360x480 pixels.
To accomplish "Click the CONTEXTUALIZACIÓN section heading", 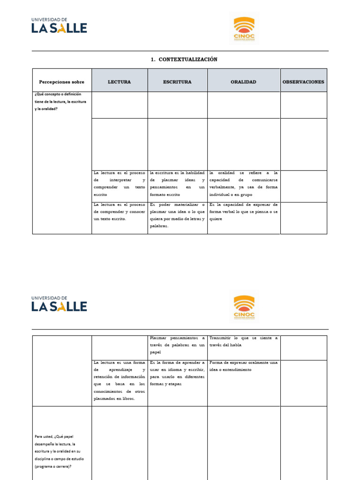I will click(184, 60).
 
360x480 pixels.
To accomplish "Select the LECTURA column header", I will click(120, 82).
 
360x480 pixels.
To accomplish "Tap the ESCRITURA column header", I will click(177, 82).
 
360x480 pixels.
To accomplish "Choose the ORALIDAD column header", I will click(243, 82).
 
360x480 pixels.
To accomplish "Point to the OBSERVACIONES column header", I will click(303, 82).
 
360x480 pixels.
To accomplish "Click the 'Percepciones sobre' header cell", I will click(62, 82).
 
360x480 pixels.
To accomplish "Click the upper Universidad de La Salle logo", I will click(59, 26).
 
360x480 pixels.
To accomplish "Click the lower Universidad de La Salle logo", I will click(59, 304).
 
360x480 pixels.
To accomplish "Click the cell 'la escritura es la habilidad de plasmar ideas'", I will click(177, 183).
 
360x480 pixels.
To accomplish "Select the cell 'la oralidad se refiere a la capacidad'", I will click(243, 183).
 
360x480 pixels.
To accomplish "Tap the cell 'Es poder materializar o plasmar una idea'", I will click(177, 215).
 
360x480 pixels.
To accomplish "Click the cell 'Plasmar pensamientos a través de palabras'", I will click(177, 345).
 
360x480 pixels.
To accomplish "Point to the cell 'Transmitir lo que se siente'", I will click(243, 341).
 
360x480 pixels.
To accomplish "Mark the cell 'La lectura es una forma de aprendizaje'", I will click(120, 380).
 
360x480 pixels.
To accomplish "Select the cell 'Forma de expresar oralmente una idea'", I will click(243, 366).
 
